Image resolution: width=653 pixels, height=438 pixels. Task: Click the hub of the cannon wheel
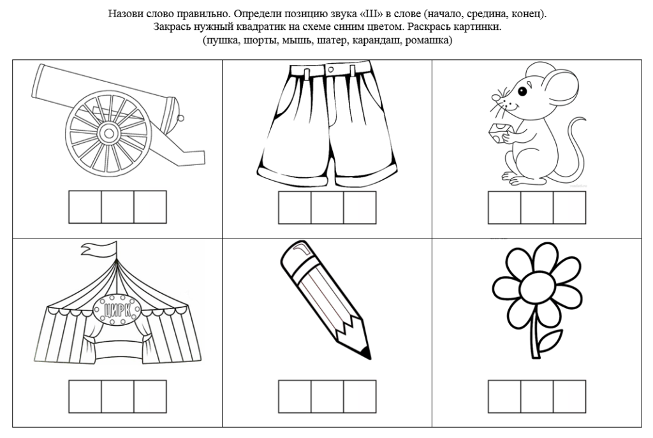108,133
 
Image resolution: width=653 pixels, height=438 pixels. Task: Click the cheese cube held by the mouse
497,133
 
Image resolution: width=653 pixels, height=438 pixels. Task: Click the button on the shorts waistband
331,69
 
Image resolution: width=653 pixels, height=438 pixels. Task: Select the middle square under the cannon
117,207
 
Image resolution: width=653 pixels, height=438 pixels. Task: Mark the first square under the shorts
295,207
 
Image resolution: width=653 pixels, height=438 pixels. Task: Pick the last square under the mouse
569,207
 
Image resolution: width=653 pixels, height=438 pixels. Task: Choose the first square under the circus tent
85,396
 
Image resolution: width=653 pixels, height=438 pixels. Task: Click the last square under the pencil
360,396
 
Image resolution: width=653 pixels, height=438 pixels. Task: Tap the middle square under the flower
537,396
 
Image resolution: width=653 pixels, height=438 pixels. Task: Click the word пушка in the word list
220,41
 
